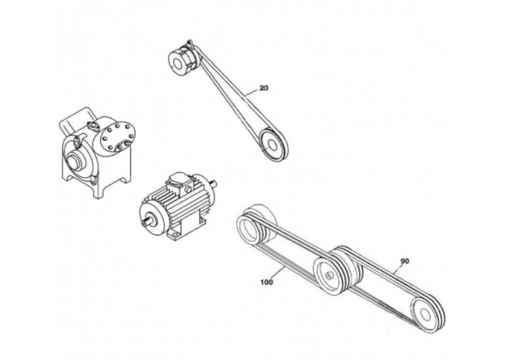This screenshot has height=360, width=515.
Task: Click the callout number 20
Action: (x=264, y=88)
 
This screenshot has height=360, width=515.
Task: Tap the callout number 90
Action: (x=404, y=261)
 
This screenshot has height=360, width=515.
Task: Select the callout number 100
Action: (x=266, y=282)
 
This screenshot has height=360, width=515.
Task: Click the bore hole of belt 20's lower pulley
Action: (x=272, y=144)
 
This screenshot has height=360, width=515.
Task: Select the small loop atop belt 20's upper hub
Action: (x=189, y=43)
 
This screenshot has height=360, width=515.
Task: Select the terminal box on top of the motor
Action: (x=179, y=184)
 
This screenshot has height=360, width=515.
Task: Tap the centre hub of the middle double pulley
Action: (x=328, y=275)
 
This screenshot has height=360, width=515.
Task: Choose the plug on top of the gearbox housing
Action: (x=92, y=125)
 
